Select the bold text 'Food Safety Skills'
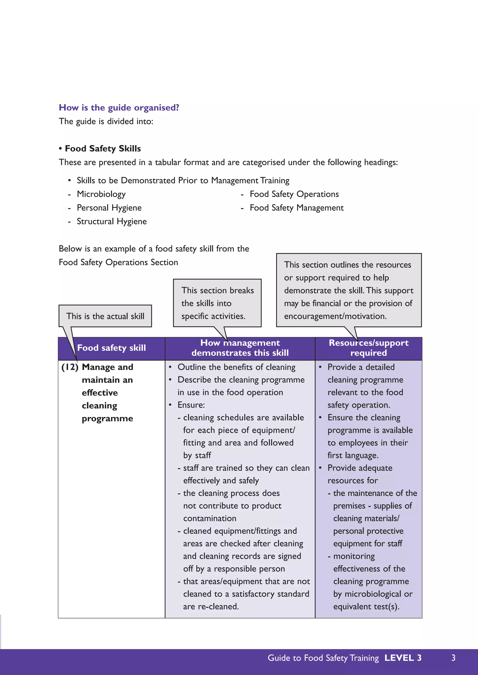pyautogui.click(x=103, y=148)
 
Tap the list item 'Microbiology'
pyautogui.click(x=101, y=194)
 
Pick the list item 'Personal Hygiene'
pyautogui.click(x=109, y=208)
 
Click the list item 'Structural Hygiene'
pyautogui.click(x=112, y=221)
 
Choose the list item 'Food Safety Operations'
pyautogui.click(x=294, y=194)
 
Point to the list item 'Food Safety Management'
pyautogui.click(x=296, y=208)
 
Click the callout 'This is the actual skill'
pyautogui.click(x=105, y=316)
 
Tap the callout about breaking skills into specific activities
pyautogui.click(x=217, y=303)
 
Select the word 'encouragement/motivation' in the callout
pyautogui.click(x=335, y=316)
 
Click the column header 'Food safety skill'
pyautogui.click(x=111, y=348)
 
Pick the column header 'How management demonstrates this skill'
pyautogui.click(x=240, y=348)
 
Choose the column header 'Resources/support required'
pyautogui.click(x=369, y=348)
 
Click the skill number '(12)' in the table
pyautogui.click(x=70, y=367)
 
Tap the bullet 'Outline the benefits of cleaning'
pyautogui.click(x=236, y=367)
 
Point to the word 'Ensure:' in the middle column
pyautogui.click(x=191, y=405)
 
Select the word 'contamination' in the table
pyautogui.click(x=210, y=518)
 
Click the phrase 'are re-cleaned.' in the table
pyautogui.click(x=211, y=606)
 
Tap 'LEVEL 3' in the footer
pyautogui.click(x=403, y=658)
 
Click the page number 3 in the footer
pyautogui.click(x=453, y=658)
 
